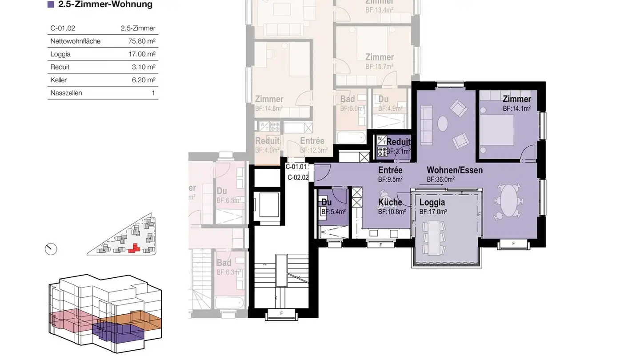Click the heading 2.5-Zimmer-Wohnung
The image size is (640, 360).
[x=105, y=5]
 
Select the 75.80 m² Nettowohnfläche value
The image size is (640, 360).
[x=142, y=41]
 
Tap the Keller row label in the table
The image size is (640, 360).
[x=59, y=80]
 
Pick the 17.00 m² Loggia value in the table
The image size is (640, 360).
[x=142, y=54]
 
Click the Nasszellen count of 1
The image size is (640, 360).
[x=153, y=93]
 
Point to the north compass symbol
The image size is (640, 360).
[x=51, y=249]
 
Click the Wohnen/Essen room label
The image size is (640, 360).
[x=454, y=170]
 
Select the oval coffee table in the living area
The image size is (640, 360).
[x=443, y=123]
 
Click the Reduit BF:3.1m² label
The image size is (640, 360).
[x=398, y=146]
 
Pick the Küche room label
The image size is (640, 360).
[x=390, y=203]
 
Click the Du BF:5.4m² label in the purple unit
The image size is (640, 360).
[x=332, y=207]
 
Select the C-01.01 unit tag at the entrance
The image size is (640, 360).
[x=296, y=167]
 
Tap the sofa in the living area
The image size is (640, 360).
[x=427, y=125]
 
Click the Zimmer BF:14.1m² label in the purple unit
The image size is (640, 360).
[x=516, y=103]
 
